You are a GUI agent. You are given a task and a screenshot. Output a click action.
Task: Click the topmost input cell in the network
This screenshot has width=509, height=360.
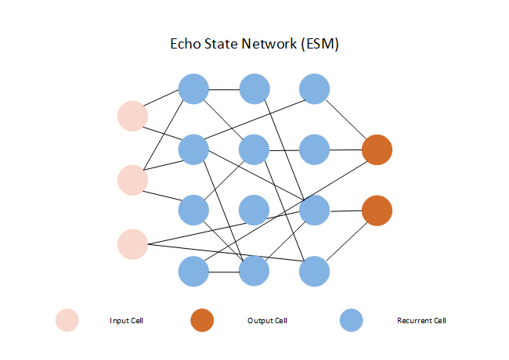click(x=132, y=116)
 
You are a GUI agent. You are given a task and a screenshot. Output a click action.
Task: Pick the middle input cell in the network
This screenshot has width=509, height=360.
click(x=132, y=180)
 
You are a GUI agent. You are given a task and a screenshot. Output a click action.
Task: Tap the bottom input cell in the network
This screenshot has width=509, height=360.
click(x=132, y=243)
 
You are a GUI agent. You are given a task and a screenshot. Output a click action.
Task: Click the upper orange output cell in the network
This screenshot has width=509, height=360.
click(x=377, y=149)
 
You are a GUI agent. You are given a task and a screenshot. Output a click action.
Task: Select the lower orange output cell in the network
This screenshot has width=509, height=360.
click(x=377, y=211)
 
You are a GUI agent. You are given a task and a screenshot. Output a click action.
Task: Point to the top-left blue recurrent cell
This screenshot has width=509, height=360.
click(x=193, y=88)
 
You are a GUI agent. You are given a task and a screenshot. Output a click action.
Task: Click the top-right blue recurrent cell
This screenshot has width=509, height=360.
click(x=314, y=88)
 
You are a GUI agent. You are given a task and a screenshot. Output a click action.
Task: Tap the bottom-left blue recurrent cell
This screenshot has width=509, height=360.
click(x=193, y=272)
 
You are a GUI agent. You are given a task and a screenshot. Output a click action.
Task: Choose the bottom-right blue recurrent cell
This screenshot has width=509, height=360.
click(x=314, y=272)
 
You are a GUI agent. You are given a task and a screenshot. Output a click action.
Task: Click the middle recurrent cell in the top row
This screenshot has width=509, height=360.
click(x=254, y=88)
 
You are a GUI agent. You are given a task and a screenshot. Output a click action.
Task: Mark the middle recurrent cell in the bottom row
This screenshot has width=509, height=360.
click(x=254, y=272)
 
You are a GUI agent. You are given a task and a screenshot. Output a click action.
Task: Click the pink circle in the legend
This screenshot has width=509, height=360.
click(x=67, y=320)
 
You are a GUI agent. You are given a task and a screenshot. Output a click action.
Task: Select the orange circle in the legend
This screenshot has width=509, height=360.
click(x=201, y=320)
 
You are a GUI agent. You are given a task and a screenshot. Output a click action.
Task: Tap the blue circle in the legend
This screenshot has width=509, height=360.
click(x=352, y=320)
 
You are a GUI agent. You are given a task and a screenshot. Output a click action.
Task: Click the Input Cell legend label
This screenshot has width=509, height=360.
click(x=126, y=321)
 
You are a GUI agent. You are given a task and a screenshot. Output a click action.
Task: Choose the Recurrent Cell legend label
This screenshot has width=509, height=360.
click(x=421, y=321)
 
